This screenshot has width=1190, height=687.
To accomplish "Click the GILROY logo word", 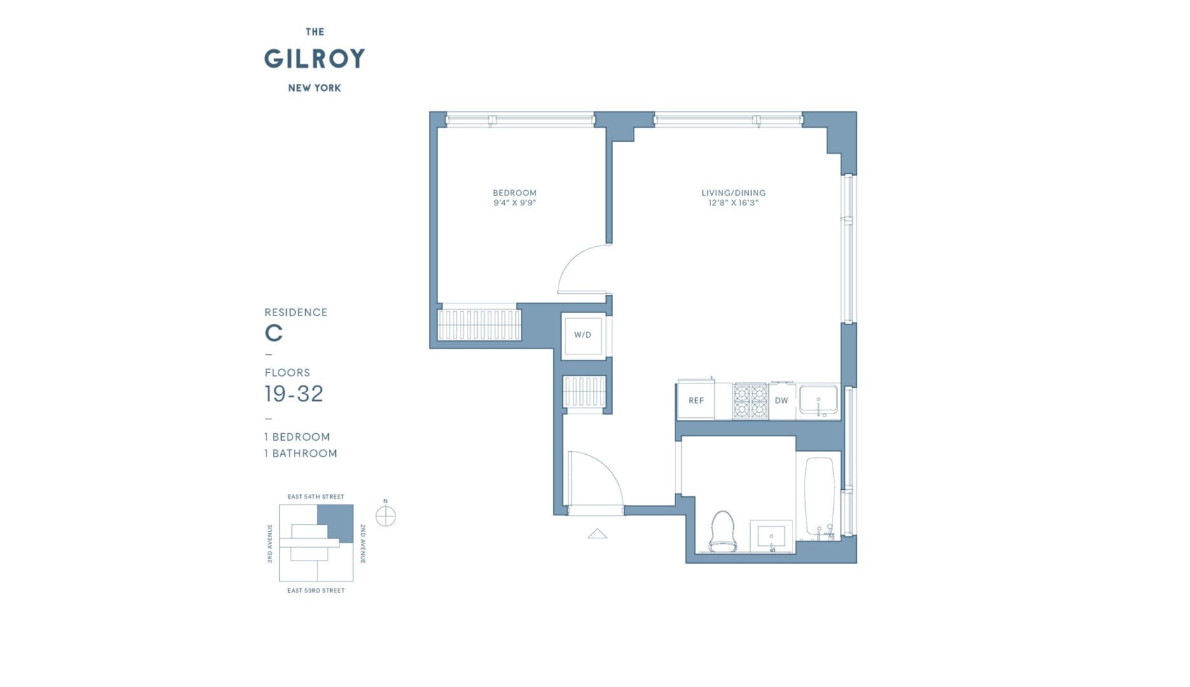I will [x=314, y=59].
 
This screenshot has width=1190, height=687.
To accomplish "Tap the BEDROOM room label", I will [x=515, y=193].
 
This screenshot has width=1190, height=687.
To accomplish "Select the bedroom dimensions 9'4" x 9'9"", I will [x=515, y=203].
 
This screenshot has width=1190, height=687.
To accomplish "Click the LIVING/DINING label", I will [x=733, y=193].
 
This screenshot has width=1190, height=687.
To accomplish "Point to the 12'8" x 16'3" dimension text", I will [x=733, y=203].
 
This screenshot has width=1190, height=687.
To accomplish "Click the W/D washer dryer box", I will [x=583, y=335].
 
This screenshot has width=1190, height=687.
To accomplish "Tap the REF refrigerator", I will [x=696, y=401].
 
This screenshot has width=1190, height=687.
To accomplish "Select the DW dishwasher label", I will [x=781, y=401].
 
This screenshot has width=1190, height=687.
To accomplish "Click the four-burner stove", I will [x=751, y=401].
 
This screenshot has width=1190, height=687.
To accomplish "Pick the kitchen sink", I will [x=819, y=400].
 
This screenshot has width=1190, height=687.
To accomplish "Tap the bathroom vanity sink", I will [x=771, y=536].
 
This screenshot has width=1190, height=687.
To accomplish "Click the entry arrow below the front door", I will [x=597, y=534].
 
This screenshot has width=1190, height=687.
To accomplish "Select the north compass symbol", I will [x=385, y=516].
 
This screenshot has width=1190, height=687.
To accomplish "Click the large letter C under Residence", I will [x=273, y=333].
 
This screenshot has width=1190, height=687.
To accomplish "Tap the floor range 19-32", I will [x=294, y=394].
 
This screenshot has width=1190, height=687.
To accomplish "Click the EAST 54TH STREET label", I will [x=315, y=497].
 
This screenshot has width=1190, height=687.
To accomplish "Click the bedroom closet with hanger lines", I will [x=479, y=324].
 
